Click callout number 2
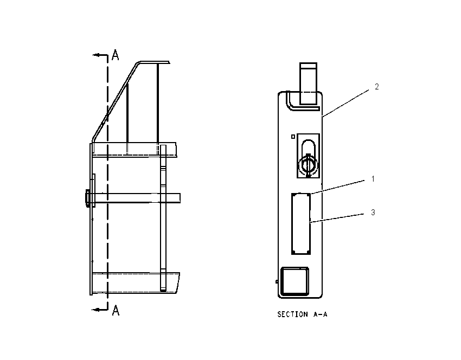click(376, 87)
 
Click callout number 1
click(373, 179)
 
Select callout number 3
click(373, 212)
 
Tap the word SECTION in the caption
click(292, 314)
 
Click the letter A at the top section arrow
click(115, 55)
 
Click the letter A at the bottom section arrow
click(116, 310)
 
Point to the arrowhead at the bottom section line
click(95, 310)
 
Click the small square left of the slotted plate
click(293, 137)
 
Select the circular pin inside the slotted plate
click(308, 165)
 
